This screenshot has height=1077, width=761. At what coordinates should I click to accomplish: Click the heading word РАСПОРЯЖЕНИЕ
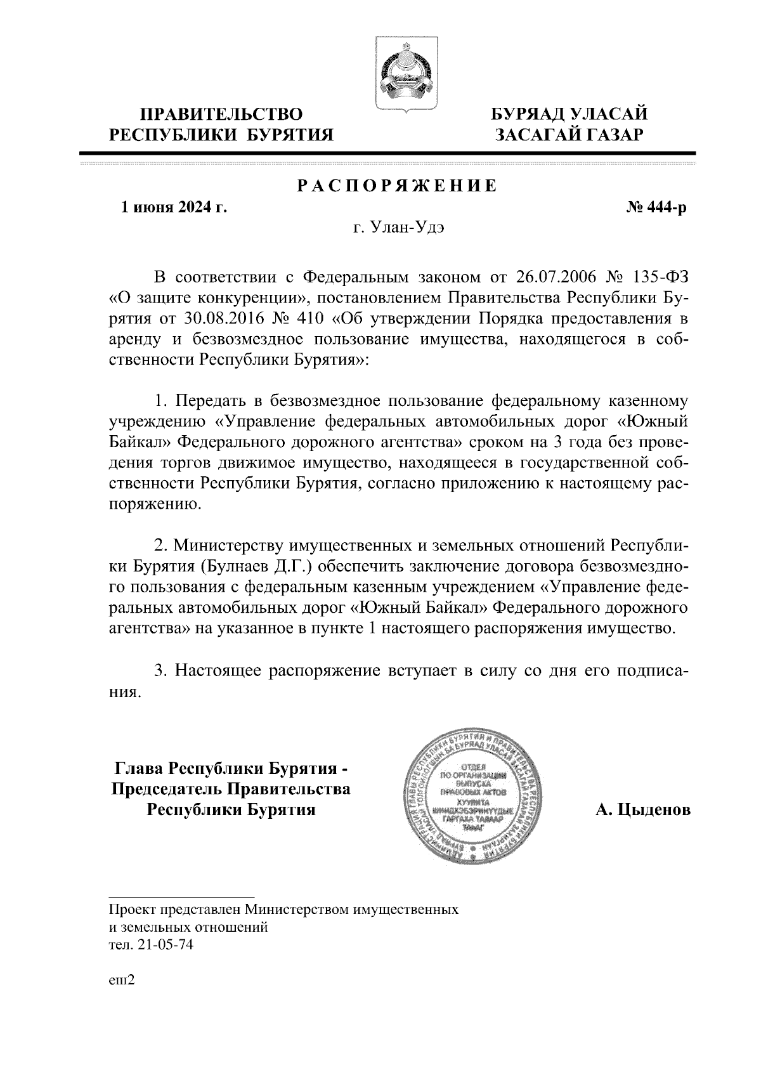click(x=397, y=186)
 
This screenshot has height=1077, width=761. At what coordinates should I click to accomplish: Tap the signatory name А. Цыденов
click(x=642, y=811)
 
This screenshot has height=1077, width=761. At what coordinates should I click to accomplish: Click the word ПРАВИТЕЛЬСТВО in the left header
click(x=221, y=115)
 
